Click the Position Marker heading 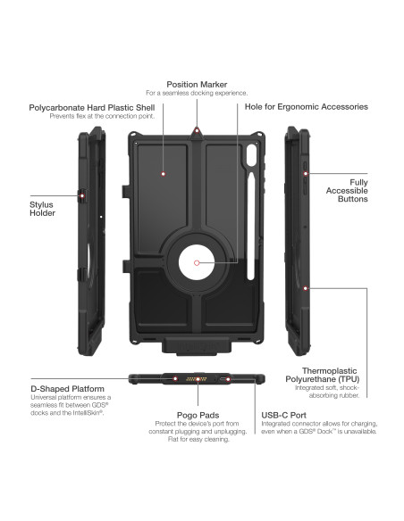(x=197, y=84)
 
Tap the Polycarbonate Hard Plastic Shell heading (x=86, y=107)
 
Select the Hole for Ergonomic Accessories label (x=306, y=107)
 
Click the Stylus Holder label (x=43, y=208)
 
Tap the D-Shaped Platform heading (x=68, y=389)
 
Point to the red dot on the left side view (x=83, y=194)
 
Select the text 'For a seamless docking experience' (x=197, y=93)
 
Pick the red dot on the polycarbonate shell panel (x=164, y=175)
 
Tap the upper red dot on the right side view (x=306, y=174)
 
